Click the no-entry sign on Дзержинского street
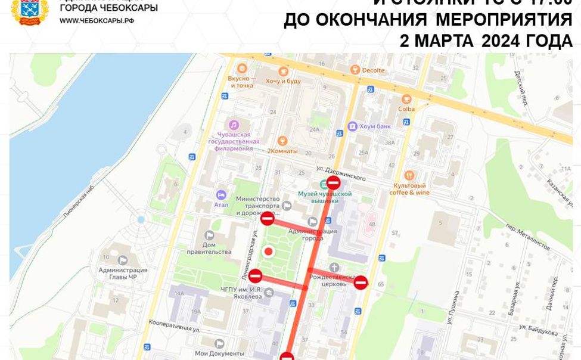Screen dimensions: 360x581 click(334, 182)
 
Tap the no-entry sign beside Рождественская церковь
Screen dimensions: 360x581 click(361, 283)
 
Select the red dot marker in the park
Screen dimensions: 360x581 click(269, 252)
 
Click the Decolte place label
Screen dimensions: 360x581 click(373, 70)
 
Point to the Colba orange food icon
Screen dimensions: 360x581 click(406, 100)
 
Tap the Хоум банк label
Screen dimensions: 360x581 click(374, 126)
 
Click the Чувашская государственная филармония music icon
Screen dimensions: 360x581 click(234, 125)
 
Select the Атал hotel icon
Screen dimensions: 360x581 click(221, 195)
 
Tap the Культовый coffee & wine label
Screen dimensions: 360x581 click(409, 189)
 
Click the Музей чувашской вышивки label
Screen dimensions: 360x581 click(325, 197)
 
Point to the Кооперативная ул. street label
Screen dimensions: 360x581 click(174, 325)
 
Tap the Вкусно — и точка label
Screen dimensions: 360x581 click(241, 82)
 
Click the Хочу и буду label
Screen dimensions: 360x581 click(283, 81)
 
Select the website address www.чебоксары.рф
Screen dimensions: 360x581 click(97, 21)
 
